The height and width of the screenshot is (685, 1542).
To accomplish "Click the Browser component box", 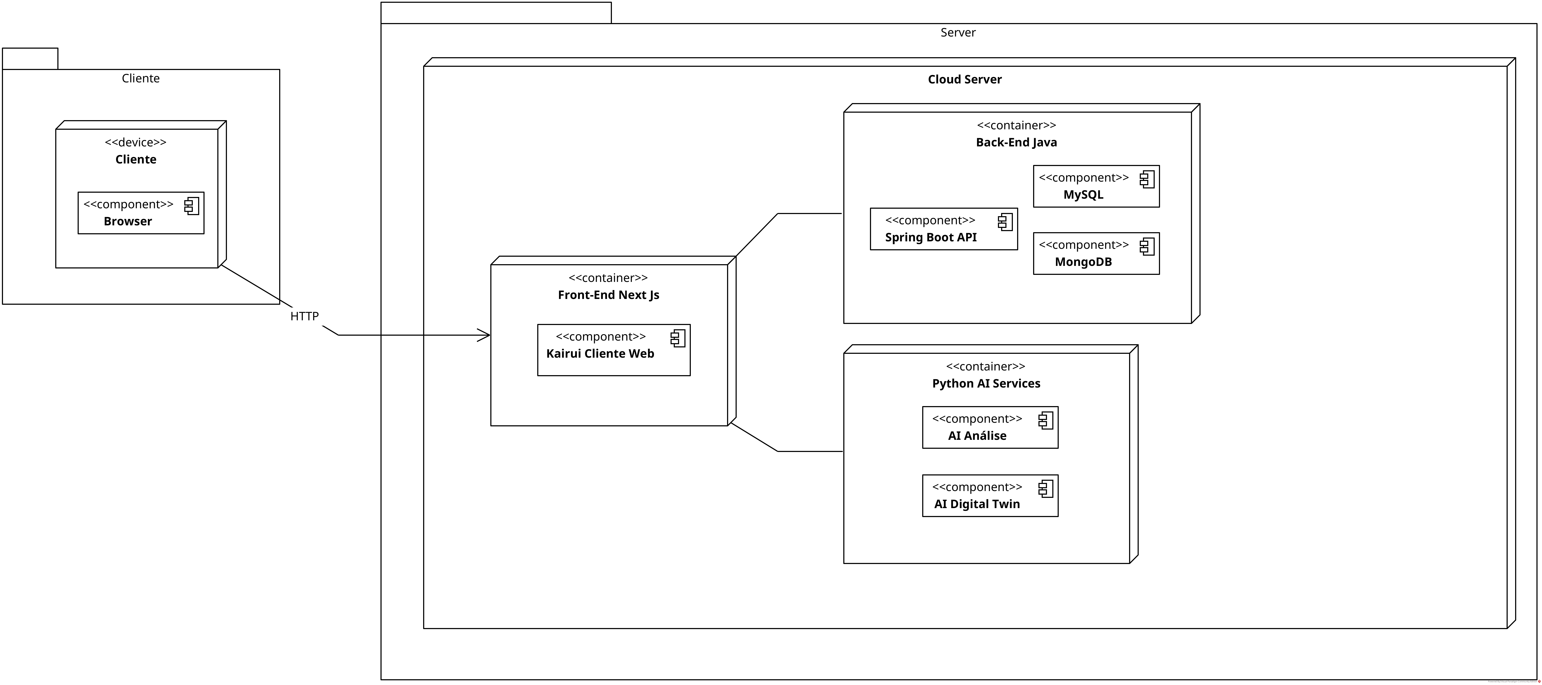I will (x=141, y=213).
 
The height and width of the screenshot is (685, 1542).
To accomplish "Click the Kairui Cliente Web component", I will (x=614, y=350).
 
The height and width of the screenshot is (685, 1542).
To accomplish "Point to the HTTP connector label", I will (x=304, y=316).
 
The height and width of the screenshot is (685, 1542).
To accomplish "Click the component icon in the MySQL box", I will (x=1147, y=180).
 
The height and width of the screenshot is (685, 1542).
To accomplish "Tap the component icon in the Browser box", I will (x=192, y=206).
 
